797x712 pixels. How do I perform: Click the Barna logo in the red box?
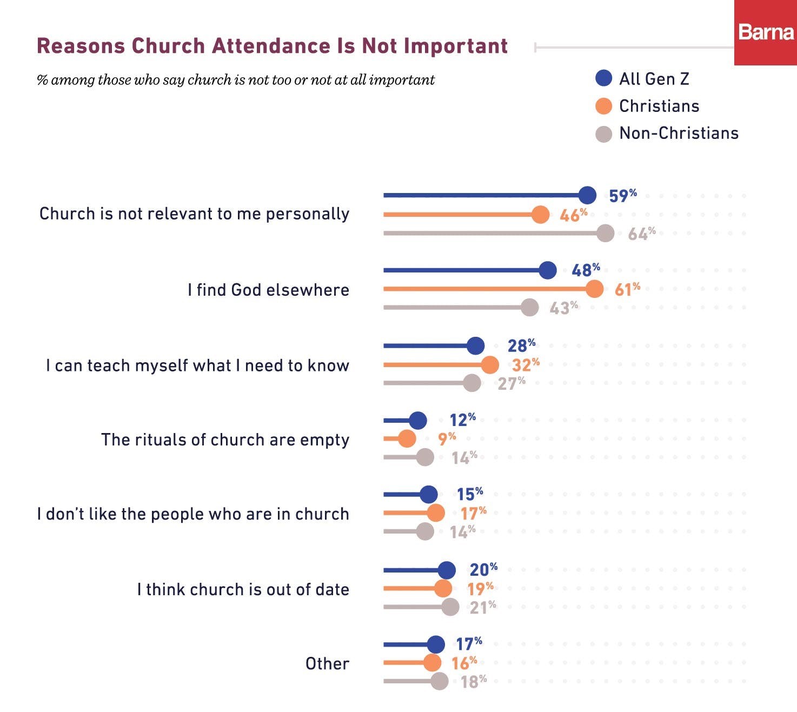(765, 32)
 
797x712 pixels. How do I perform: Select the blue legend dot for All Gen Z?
(603, 78)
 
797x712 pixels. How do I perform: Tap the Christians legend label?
(659, 106)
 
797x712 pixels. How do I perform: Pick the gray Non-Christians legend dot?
(603, 134)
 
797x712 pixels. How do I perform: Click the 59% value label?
(622, 196)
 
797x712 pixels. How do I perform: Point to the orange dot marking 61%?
(594, 289)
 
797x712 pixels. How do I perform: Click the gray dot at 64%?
(606, 233)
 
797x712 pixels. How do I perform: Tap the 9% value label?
(447, 438)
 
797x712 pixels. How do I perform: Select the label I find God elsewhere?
(268, 290)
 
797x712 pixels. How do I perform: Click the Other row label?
(327, 663)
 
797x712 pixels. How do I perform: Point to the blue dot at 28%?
(475, 345)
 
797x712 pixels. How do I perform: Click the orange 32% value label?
(526, 365)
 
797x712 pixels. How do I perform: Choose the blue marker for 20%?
(447, 570)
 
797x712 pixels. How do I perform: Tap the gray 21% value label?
(482, 608)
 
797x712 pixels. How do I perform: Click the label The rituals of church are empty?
(225, 440)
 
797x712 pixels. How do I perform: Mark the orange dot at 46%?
(540, 215)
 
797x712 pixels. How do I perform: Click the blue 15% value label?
(469, 494)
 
